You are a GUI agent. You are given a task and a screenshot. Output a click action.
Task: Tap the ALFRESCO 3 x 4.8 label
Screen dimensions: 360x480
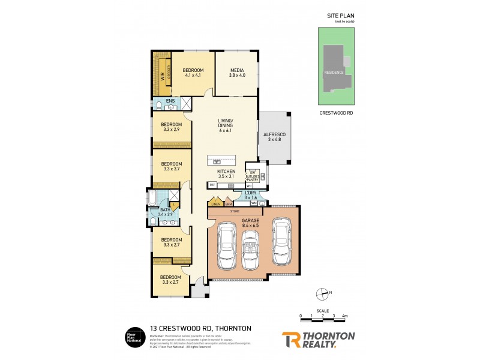pos(273,137)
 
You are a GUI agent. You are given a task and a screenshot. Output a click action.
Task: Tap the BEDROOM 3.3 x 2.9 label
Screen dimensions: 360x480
pos(172,127)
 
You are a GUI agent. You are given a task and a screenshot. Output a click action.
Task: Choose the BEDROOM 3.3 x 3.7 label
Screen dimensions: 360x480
pos(172,166)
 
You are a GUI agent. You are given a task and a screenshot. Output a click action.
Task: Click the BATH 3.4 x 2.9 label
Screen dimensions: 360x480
pos(164,212)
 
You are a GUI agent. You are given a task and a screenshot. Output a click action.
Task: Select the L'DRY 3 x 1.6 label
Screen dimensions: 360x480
pos(251,194)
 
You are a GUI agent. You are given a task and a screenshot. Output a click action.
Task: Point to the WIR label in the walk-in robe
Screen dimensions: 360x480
pos(162,77)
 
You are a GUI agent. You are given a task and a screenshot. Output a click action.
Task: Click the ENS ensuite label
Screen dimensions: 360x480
pos(170,101)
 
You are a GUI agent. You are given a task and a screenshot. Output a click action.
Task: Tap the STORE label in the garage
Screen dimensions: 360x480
pos(235,211)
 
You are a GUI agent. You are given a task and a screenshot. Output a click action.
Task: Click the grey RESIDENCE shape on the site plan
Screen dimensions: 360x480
pos(334,72)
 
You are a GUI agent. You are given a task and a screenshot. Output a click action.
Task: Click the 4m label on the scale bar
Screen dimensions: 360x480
pos(345,316)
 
